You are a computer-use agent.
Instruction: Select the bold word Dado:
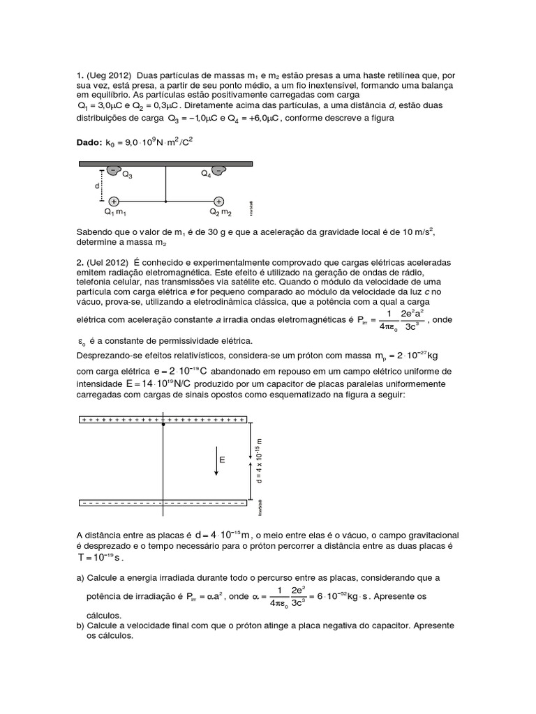tap(89, 142)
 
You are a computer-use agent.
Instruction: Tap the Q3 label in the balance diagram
tap(128, 175)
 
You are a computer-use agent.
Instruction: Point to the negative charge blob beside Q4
tap(218, 170)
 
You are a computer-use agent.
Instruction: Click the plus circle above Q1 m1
tap(114, 201)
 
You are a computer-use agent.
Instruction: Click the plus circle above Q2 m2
tap(219, 201)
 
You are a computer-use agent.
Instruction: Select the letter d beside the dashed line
tap(97, 186)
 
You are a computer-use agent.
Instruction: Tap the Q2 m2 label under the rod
tap(221, 212)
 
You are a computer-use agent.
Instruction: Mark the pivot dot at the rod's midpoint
tap(165, 201)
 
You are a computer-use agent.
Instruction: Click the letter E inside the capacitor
tap(222, 460)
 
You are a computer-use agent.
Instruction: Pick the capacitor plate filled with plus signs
tap(163, 420)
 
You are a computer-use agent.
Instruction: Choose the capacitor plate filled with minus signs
tap(163, 502)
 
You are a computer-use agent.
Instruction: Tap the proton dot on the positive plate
tap(163, 423)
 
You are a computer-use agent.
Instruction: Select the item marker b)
tap(80, 625)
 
